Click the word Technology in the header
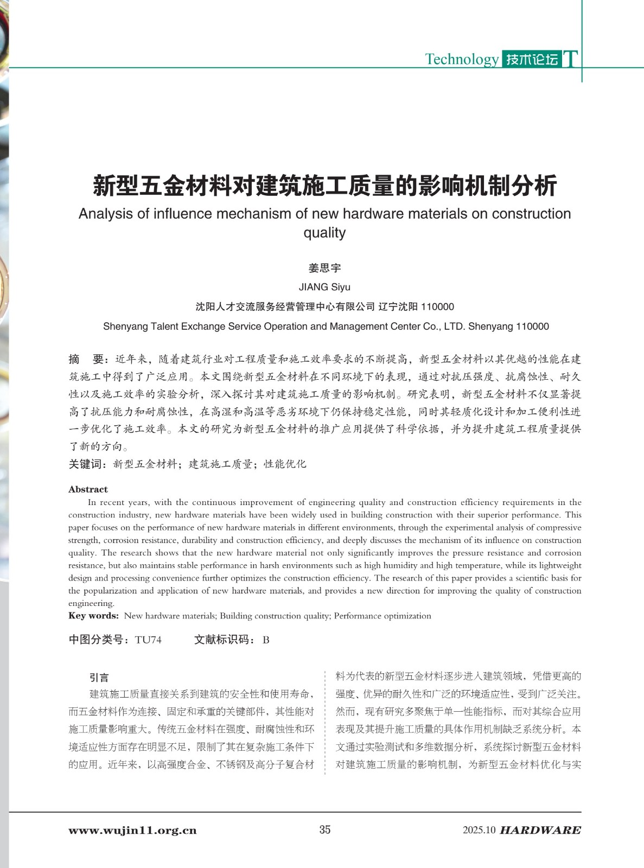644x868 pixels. [x=461, y=59]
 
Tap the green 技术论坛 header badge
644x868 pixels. [x=532, y=59]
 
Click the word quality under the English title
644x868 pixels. [x=324, y=233]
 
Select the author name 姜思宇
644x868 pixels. [x=324, y=268]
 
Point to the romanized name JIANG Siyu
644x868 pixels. [x=324, y=287]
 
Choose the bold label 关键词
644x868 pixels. [x=88, y=464]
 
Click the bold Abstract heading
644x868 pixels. [x=88, y=489]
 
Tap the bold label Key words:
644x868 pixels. [x=93, y=616]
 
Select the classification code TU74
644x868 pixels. [x=148, y=640]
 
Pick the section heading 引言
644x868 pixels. [x=99, y=677]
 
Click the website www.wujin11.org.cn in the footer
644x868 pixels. [x=132, y=831]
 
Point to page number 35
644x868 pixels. [x=324, y=829]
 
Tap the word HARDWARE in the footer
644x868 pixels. [x=540, y=831]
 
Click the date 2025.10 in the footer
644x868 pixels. [x=479, y=830]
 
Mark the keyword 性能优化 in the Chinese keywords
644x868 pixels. [x=285, y=464]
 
